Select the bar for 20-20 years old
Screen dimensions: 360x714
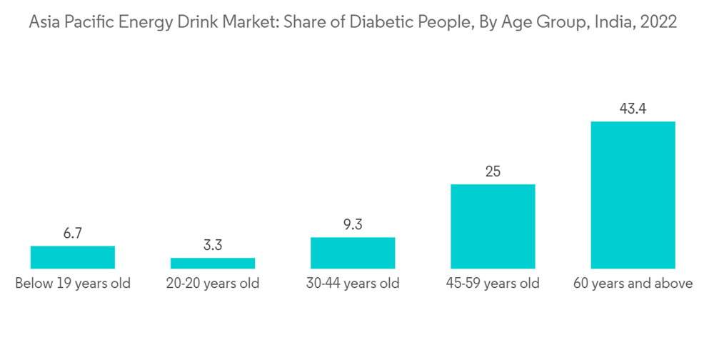(213, 263)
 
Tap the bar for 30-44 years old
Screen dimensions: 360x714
(353, 253)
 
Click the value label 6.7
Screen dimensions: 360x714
(73, 233)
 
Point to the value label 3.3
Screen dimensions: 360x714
(213, 245)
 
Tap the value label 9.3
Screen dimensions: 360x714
(353, 224)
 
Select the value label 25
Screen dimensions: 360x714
(493, 171)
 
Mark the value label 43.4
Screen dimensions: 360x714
(633, 109)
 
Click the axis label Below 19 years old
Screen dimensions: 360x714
(73, 284)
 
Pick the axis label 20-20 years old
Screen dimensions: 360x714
(213, 284)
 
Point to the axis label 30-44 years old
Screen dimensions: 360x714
(353, 284)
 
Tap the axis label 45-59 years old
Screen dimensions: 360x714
(493, 284)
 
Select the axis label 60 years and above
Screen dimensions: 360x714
(633, 284)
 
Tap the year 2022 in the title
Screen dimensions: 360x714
(658, 22)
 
